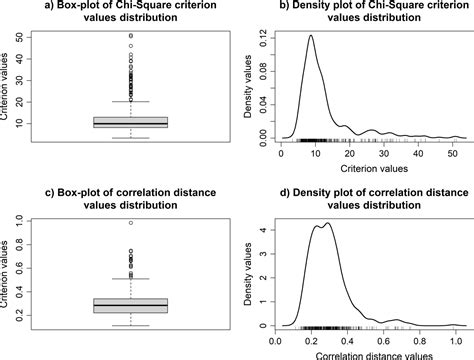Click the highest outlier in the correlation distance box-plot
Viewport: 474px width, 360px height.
pos(131,223)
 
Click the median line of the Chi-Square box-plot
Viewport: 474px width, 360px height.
pos(131,123)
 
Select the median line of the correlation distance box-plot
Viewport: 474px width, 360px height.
pos(131,303)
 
